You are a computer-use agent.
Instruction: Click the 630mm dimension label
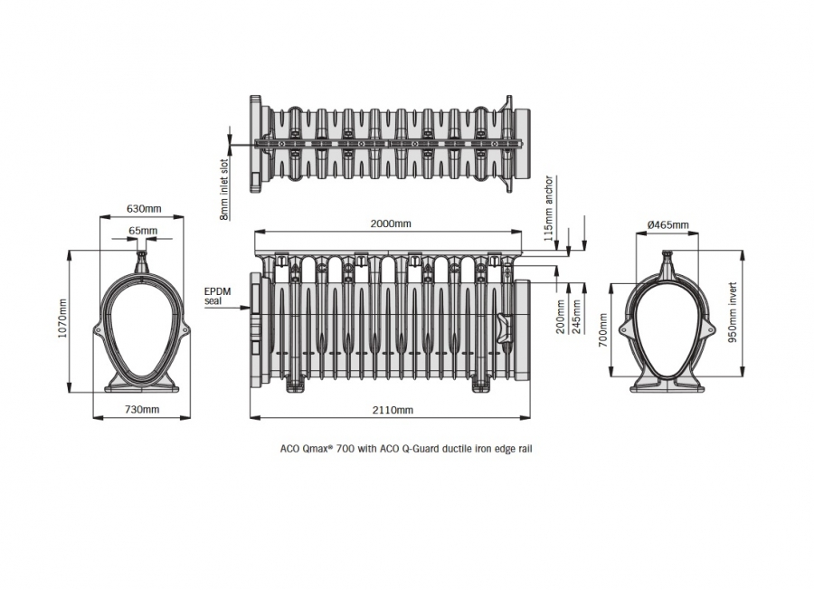pos(142,209)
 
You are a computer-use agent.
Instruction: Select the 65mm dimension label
pos(142,231)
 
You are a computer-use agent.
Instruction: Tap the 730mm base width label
pos(142,410)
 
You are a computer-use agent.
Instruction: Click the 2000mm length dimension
pos(392,224)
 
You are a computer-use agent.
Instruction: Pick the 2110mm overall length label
pos(392,410)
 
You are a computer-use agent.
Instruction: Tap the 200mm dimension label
pos(561,316)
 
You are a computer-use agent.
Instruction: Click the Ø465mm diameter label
pos(669,225)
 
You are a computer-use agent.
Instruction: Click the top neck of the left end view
pos(141,260)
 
